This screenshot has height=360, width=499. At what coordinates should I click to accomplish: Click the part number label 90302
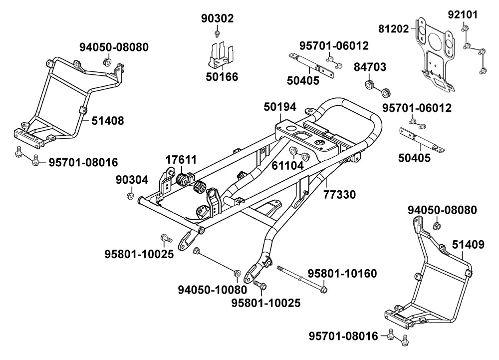click(218, 19)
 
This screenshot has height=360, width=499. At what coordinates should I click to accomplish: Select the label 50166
click(222, 77)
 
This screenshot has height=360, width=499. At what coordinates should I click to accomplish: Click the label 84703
click(370, 67)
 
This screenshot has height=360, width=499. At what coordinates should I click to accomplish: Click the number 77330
click(339, 194)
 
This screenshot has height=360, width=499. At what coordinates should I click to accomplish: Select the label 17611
click(182, 160)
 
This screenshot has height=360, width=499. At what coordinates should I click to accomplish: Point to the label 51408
click(107, 120)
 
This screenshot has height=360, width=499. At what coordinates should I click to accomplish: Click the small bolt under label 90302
click(218, 33)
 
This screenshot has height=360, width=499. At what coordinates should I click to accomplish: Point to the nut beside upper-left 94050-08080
click(106, 62)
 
